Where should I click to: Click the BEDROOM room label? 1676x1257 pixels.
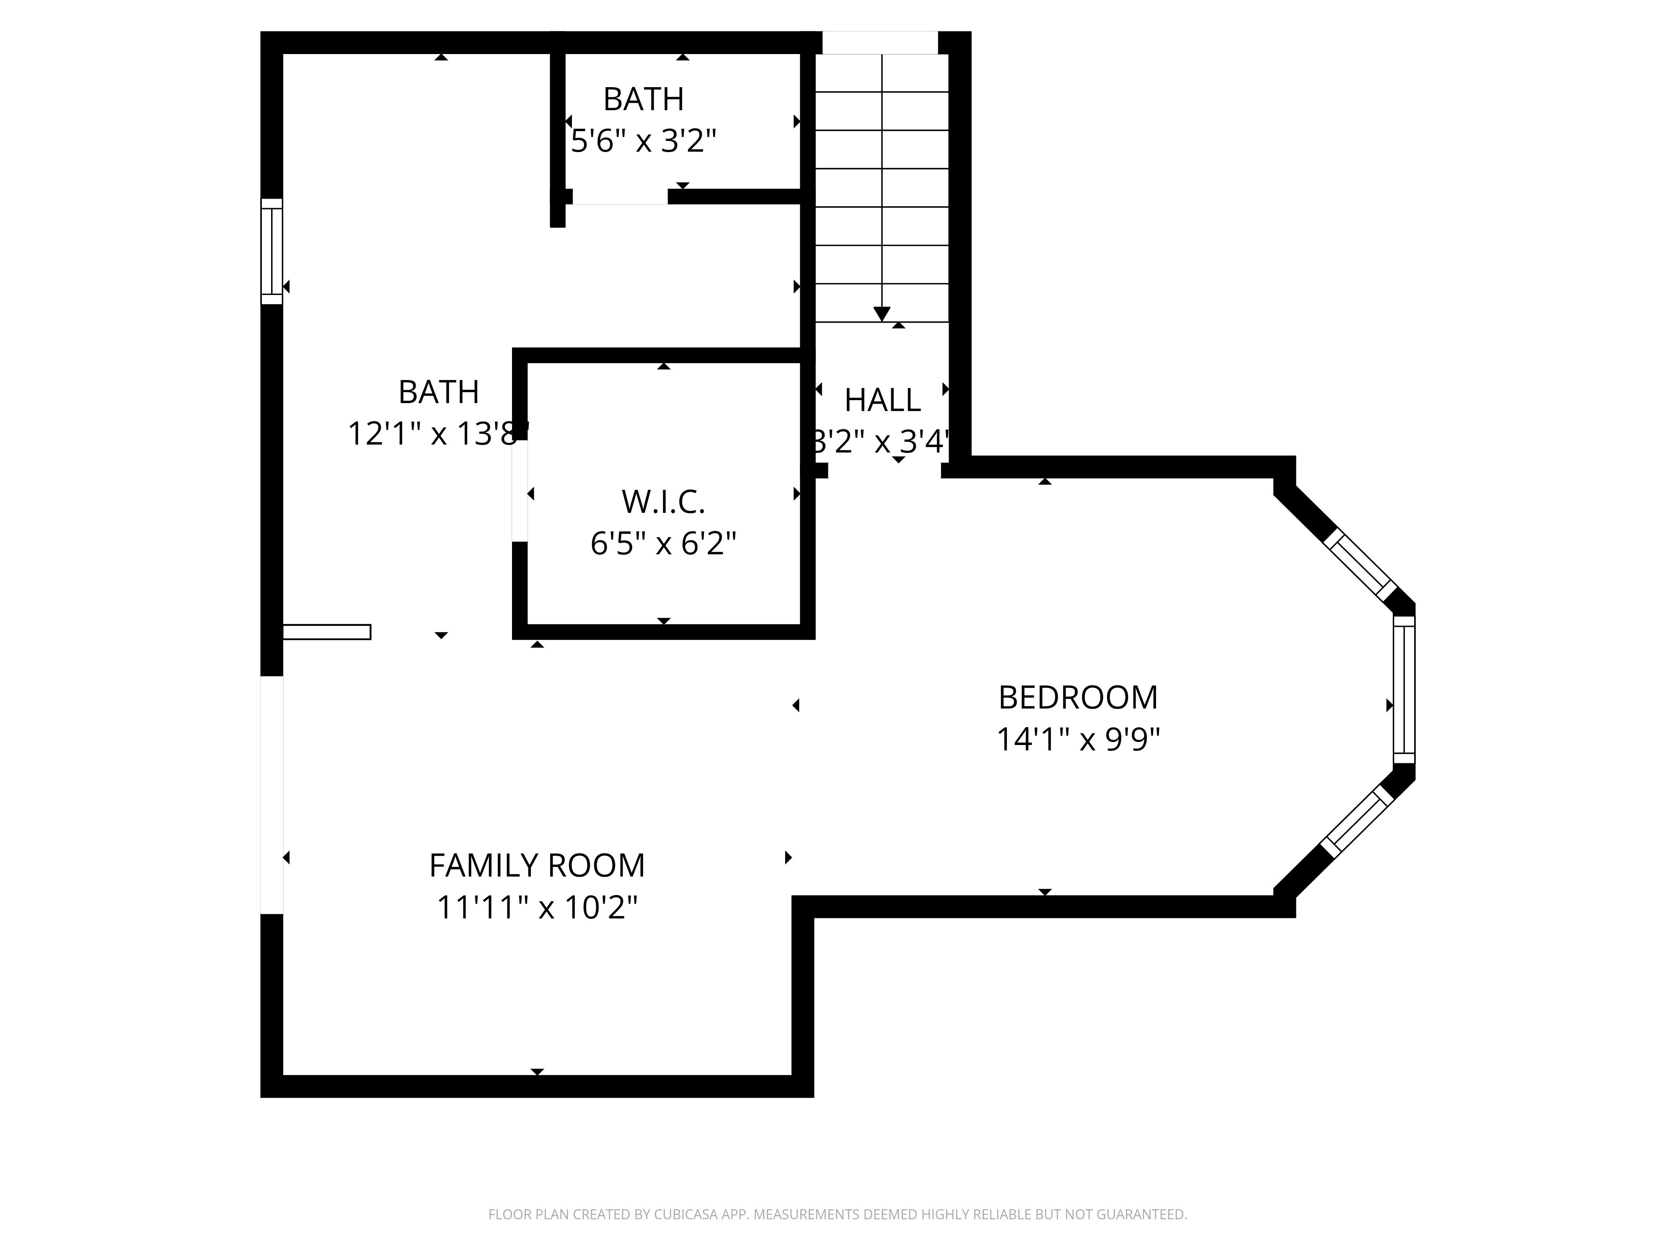tap(1077, 698)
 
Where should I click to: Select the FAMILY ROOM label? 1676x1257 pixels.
tap(536, 865)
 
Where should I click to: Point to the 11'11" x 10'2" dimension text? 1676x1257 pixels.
tap(536, 907)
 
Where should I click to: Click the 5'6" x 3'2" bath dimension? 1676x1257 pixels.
tap(643, 141)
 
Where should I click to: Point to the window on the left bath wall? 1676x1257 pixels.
tap(271, 251)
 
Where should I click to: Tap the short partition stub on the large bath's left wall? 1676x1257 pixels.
tap(326, 632)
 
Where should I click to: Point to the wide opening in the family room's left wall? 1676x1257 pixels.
tap(271, 794)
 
